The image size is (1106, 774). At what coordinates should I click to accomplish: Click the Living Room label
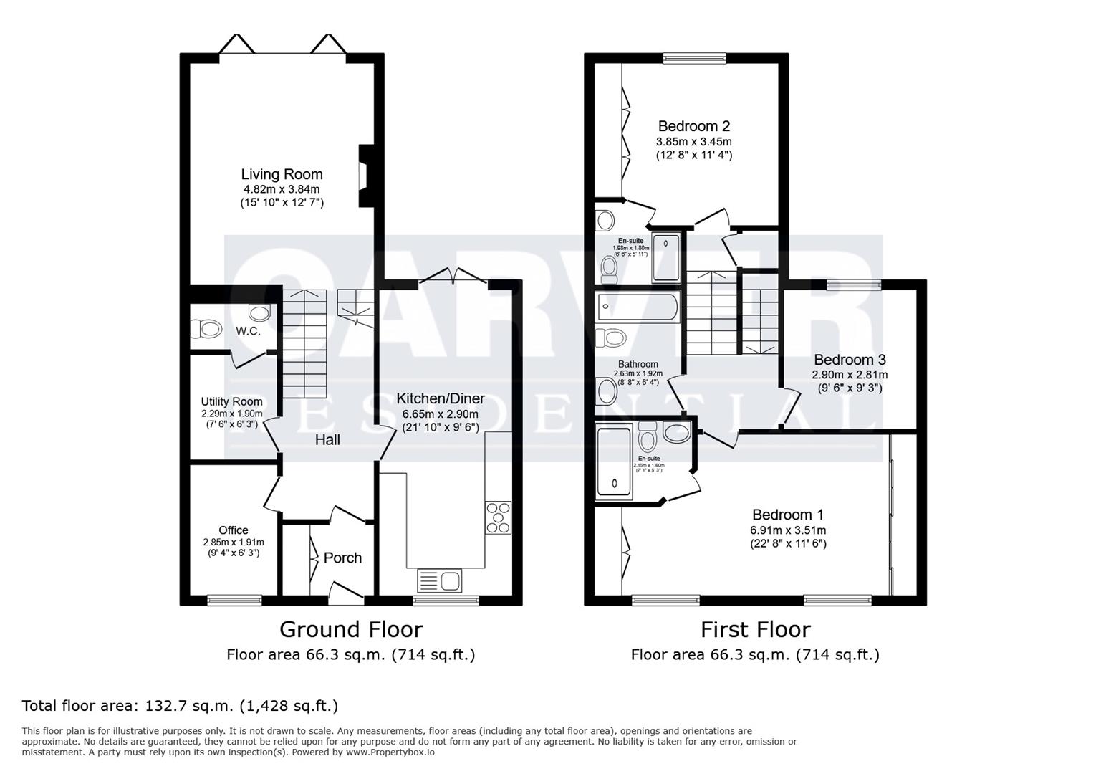click(x=282, y=174)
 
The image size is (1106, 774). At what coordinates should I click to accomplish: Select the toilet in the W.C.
click(x=206, y=329)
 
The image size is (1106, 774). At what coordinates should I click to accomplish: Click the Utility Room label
click(x=231, y=401)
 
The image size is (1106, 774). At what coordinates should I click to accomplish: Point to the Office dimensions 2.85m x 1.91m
click(x=233, y=543)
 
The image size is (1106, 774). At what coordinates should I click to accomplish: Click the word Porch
click(x=342, y=558)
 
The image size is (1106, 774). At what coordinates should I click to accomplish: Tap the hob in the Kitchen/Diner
click(x=499, y=517)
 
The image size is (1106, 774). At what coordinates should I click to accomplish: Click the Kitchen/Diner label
click(x=441, y=399)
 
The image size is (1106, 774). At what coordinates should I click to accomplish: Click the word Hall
click(x=327, y=440)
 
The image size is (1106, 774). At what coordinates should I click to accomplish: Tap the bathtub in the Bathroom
click(x=637, y=307)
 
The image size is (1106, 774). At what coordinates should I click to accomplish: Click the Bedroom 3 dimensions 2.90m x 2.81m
click(x=849, y=375)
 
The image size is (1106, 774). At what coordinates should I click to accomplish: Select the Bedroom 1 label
click(x=787, y=515)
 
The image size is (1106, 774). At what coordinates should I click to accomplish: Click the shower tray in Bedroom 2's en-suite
click(x=667, y=257)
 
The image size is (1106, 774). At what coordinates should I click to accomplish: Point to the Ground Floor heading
click(x=350, y=629)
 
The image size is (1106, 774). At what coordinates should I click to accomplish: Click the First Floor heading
click(x=755, y=629)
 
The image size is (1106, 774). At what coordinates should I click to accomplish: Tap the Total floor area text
click(x=180, y=706)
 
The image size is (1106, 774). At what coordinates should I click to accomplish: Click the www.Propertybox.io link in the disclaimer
click(x=390, y=752)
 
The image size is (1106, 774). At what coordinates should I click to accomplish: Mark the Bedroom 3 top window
click(x=853, y=285)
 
